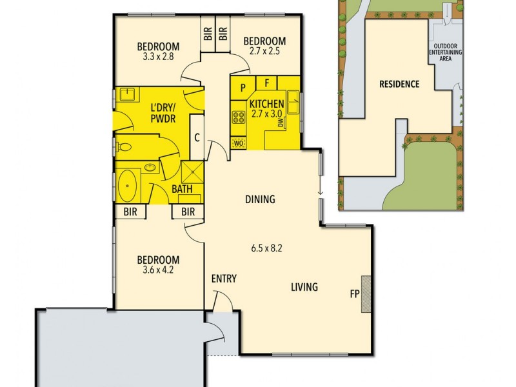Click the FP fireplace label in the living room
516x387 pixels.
tap(354, 293)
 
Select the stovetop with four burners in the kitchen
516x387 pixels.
tap(237, 117)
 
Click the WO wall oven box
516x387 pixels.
tap(237, 142)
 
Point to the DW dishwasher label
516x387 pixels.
tap(283, 124)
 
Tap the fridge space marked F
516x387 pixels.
tap(266, 83)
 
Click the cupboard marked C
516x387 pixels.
tap(197, 136)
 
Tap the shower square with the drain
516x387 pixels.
tap(192, 171)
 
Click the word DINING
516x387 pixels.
tap(259, 199)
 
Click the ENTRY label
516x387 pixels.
tap(224, 279)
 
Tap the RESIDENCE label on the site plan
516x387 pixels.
tap(399, 84)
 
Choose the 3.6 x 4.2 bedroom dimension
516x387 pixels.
tap(155, 270)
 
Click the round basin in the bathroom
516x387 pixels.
tap(150, 168)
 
